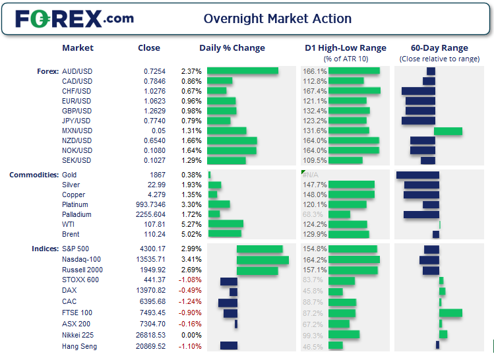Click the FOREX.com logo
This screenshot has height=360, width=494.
[74, 18]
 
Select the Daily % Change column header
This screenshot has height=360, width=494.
[232, 47]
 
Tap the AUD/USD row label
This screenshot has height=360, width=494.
[76, 71]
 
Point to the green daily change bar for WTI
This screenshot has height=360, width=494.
[225, 224]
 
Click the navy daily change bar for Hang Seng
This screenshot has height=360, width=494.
[228, 345]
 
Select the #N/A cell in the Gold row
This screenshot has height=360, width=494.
[310, 175]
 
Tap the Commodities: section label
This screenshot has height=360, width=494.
[32, 175]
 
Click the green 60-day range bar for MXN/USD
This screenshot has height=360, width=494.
[448, 131]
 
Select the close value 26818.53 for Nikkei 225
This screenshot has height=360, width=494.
[150, 335]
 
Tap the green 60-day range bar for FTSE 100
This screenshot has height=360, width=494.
[450, 313]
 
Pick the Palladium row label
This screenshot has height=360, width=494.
[76, 214]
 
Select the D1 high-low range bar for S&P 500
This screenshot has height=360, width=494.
[352, 249]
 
